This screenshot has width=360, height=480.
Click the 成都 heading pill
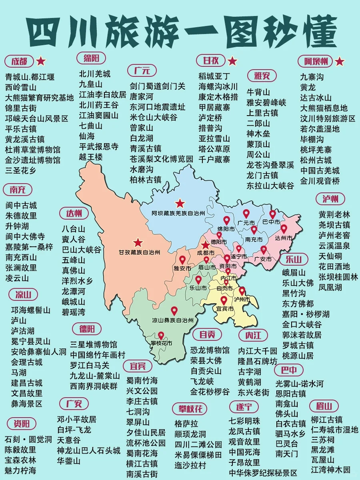(19, 61)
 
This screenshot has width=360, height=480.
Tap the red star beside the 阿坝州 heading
(340, 61)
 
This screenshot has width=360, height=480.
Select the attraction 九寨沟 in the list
(312, 76)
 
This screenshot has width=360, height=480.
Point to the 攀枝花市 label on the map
(161, 343)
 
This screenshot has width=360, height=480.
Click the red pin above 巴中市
(272, 215)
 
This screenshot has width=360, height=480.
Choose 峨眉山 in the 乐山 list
(294, 272)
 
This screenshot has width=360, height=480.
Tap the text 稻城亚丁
(214, 76)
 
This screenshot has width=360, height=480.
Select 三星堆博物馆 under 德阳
(94, 344)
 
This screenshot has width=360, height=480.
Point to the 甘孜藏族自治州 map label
(139, 252)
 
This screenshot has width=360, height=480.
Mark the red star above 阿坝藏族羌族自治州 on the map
(180, 203)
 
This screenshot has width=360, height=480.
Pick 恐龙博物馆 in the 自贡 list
(210, 350)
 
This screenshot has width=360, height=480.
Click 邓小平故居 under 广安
(76, 420)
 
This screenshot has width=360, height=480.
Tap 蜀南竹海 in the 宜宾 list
(142, 380)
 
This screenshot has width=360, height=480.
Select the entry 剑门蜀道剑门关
(157, 86)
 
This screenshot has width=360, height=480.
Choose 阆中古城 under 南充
(21, 205)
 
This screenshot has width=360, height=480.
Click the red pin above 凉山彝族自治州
(174, 311)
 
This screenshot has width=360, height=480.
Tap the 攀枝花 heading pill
(190, 409)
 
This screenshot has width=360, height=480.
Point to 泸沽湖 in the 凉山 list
(23, 331)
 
